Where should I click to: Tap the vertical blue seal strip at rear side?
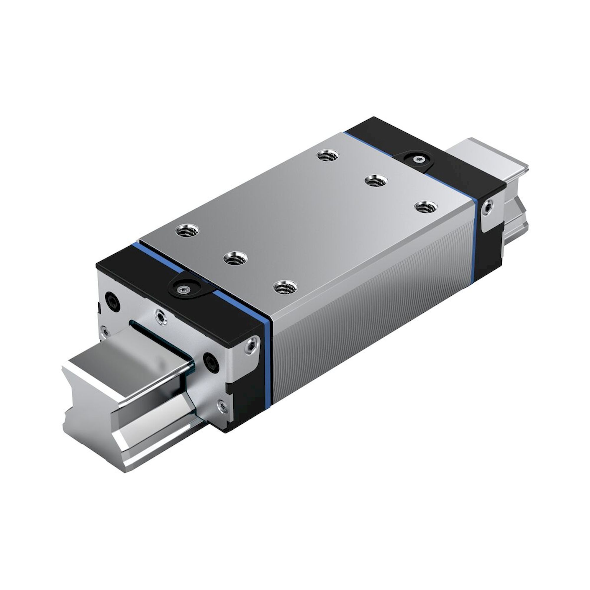(474, 232)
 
